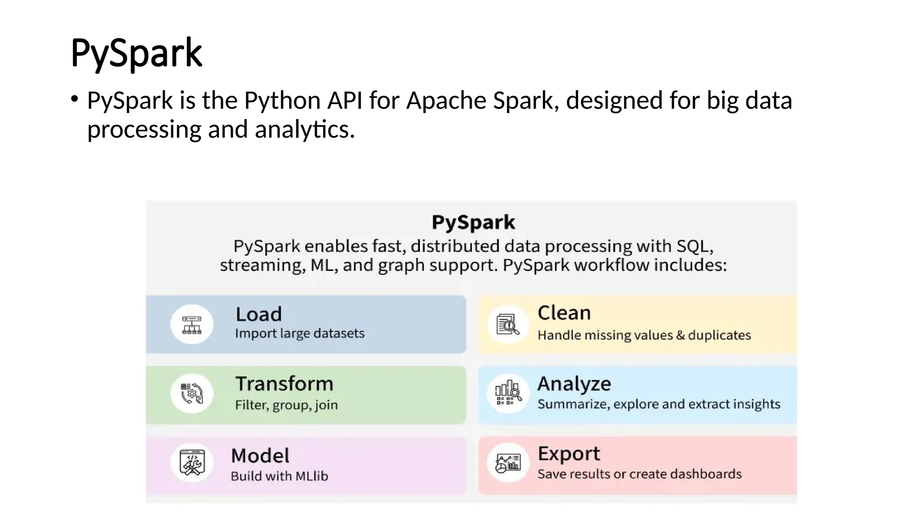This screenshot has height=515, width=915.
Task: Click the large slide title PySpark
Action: coord(136,53)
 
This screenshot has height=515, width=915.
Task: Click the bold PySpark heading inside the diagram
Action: coord(473,222)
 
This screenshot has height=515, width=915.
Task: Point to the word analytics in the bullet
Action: coord(304,130)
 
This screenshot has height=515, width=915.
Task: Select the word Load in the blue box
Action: coord(259,314)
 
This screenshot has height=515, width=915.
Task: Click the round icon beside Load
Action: coord(192,324)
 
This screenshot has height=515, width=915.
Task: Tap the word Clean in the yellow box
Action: coord(564,313)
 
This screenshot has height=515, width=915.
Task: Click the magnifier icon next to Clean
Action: coord(508,325)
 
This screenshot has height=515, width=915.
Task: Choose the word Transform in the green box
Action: coord(284,384)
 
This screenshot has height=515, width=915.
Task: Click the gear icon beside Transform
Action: coord(192,393)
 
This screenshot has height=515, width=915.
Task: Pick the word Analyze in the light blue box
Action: coord(574,384)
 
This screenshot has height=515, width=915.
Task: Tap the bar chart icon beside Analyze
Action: coord(508,393)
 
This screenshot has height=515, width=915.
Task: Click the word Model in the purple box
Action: coord(260,456)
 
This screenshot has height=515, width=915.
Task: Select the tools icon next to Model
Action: coord(192,462)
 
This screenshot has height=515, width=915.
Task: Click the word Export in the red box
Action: coord(569,454)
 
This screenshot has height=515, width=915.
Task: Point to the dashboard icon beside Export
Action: coord(508,463)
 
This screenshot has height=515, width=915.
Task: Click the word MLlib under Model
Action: coord(311,476)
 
